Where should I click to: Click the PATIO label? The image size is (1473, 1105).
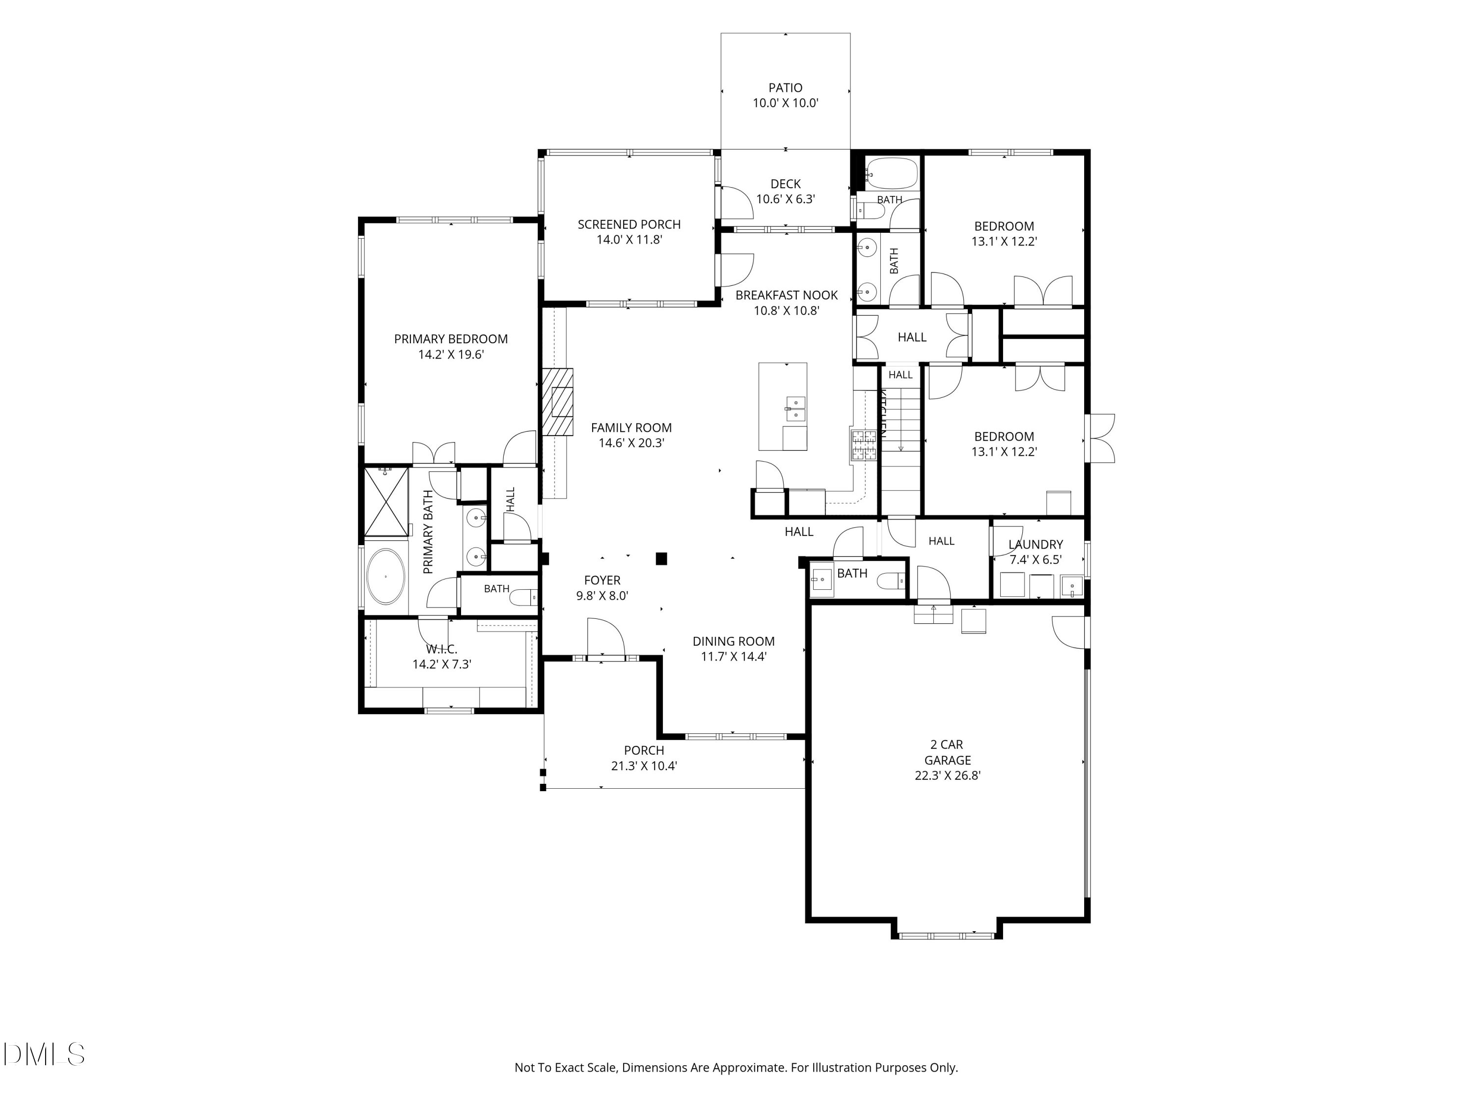pos(785,87)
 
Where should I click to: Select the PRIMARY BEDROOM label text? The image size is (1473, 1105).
pos(451,339)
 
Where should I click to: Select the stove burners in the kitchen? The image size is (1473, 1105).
pos(864,445)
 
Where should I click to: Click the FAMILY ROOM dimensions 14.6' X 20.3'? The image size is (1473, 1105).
pos(631,443)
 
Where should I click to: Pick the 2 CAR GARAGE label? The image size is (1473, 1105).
pos(947,752)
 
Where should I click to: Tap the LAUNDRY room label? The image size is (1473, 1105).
pos(1036,544)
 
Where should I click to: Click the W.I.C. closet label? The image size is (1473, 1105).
pos(441,649)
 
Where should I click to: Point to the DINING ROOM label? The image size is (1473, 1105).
pos(733,641)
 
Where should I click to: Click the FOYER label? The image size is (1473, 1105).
pos(602,580)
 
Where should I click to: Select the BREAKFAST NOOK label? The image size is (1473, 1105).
pos(787,295)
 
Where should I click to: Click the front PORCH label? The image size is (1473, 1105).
pos(644,750)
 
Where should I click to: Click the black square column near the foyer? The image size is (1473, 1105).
pos(661,559)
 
